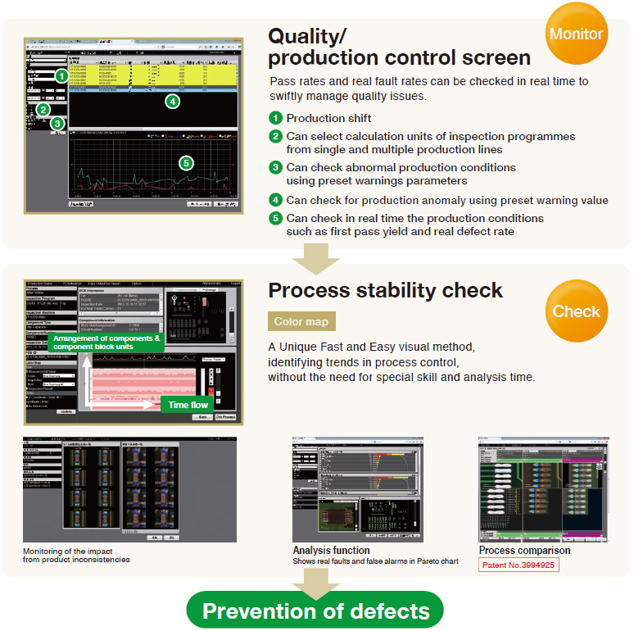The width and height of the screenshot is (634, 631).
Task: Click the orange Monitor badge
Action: pyautogui.click(x=576, y=34)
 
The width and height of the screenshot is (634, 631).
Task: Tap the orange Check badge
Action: pyautogui.click(x=576, y=311)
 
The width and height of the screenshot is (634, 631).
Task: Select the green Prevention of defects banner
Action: pyautogui.click(x=316, y=611)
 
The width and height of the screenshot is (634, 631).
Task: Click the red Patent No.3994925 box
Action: pyautogui.click(x=519, y=565)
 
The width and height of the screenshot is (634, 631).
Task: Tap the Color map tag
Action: pyautogui.click(x=301, y=322)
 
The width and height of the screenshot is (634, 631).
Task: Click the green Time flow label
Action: pyautogui.click(x=188, y=405)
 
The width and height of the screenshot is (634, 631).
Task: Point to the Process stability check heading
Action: pyautogui.click(x=386, y=290)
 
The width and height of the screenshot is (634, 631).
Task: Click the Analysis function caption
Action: pyautogui.click(x=331, y=550)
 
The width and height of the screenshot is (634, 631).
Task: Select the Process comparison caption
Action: pyautogui.click(x=524, y=550)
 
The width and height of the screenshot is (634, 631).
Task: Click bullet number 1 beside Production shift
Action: pyautogui.click(x=276, y=118)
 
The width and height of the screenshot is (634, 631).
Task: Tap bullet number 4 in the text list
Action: pyautogui.click(x=276, y=200)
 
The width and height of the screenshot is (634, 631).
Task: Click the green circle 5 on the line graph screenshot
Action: pyautogui.click(x=186, y=162)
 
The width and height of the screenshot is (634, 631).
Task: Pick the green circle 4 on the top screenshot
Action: pyautogui.click(x=171, y=102)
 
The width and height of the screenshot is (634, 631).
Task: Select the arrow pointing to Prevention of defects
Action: pyautogui.click(x=316, y=584)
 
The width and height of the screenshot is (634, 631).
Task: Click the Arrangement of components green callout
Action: pyautogui.click(x=105, y=343)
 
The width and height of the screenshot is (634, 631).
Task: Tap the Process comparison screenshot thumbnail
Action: pyautogui.click(x=532, y=488)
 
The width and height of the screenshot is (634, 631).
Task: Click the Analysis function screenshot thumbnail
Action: pyautogui.click(x=358, y=488)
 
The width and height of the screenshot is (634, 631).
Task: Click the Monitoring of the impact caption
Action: pyautogui.click(x=76, y=555)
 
